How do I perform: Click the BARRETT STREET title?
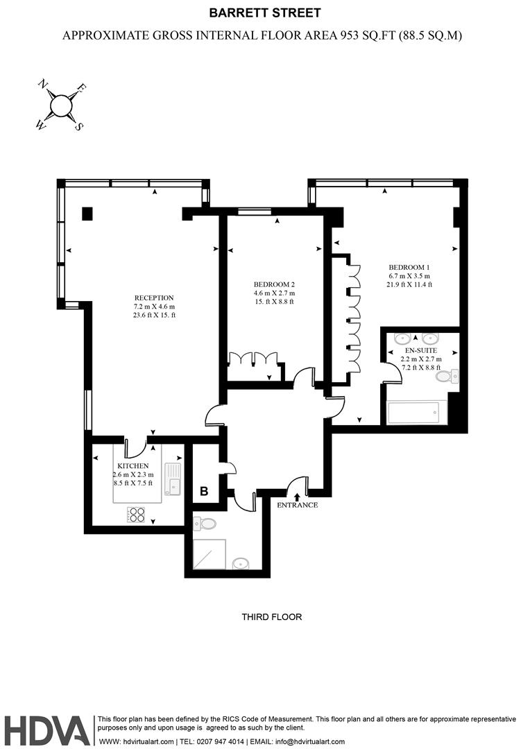coord(265,13)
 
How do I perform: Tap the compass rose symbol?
coord(60,106)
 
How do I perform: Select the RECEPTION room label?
coord(154,298)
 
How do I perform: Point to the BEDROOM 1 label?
coord(409,267)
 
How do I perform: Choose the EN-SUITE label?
coord(421,350)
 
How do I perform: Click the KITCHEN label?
coord(133,466)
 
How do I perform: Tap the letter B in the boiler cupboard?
coord(204,491)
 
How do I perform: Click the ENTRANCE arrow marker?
coord(298,497)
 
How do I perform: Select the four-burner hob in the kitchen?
coord(136,514)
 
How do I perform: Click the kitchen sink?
coord(173,479)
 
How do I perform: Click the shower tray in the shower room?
coord(209,554)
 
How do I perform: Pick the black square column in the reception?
coord(87,214)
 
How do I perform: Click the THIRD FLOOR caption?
coord(271,617)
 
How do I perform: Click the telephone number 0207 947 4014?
coord(221,742)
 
